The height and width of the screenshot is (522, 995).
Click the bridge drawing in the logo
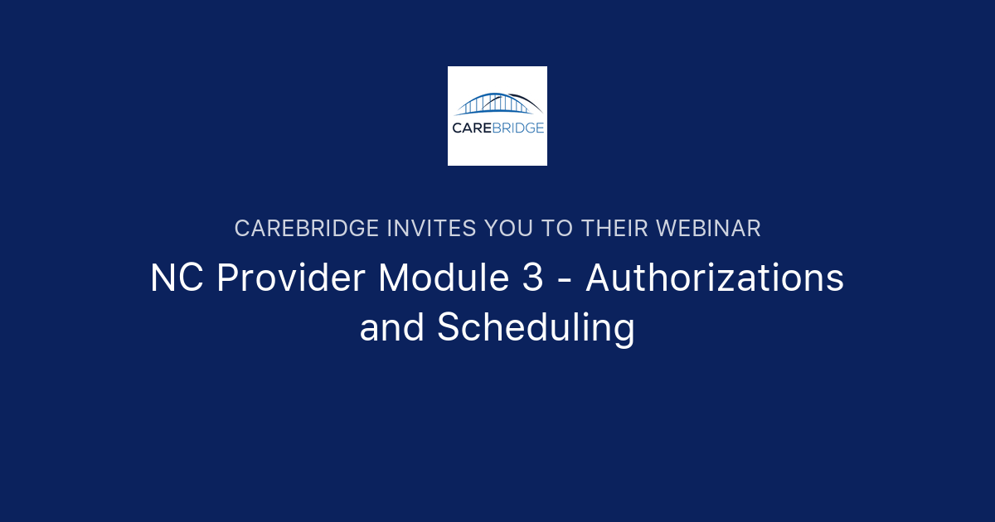tap(498, 104)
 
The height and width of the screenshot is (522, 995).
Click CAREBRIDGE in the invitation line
tap(307, 229)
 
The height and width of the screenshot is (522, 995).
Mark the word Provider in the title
tap(290, 279)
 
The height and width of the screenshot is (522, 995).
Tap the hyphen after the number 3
tap(565, 282)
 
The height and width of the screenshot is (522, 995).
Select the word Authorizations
tap(715, 279)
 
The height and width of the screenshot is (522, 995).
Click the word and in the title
tap(392, 328)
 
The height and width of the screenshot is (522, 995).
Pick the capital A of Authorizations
tap(599, 279)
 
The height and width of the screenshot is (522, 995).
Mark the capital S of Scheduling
tap(449, 328)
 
